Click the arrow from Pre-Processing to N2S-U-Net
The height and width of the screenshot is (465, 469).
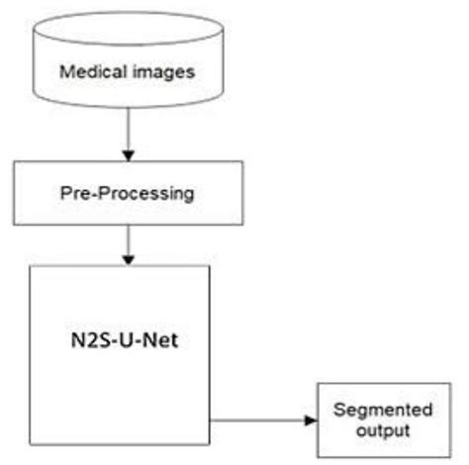[x=126, y=242]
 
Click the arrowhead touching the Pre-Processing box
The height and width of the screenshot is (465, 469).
[x=126, y=155]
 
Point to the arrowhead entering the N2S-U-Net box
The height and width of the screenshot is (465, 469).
[x=126, y=260]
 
